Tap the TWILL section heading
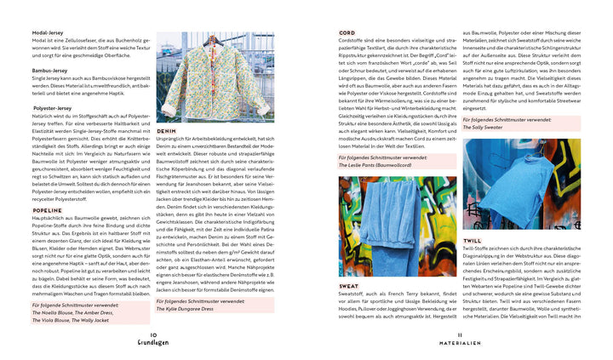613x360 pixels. (x=473, y=241)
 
